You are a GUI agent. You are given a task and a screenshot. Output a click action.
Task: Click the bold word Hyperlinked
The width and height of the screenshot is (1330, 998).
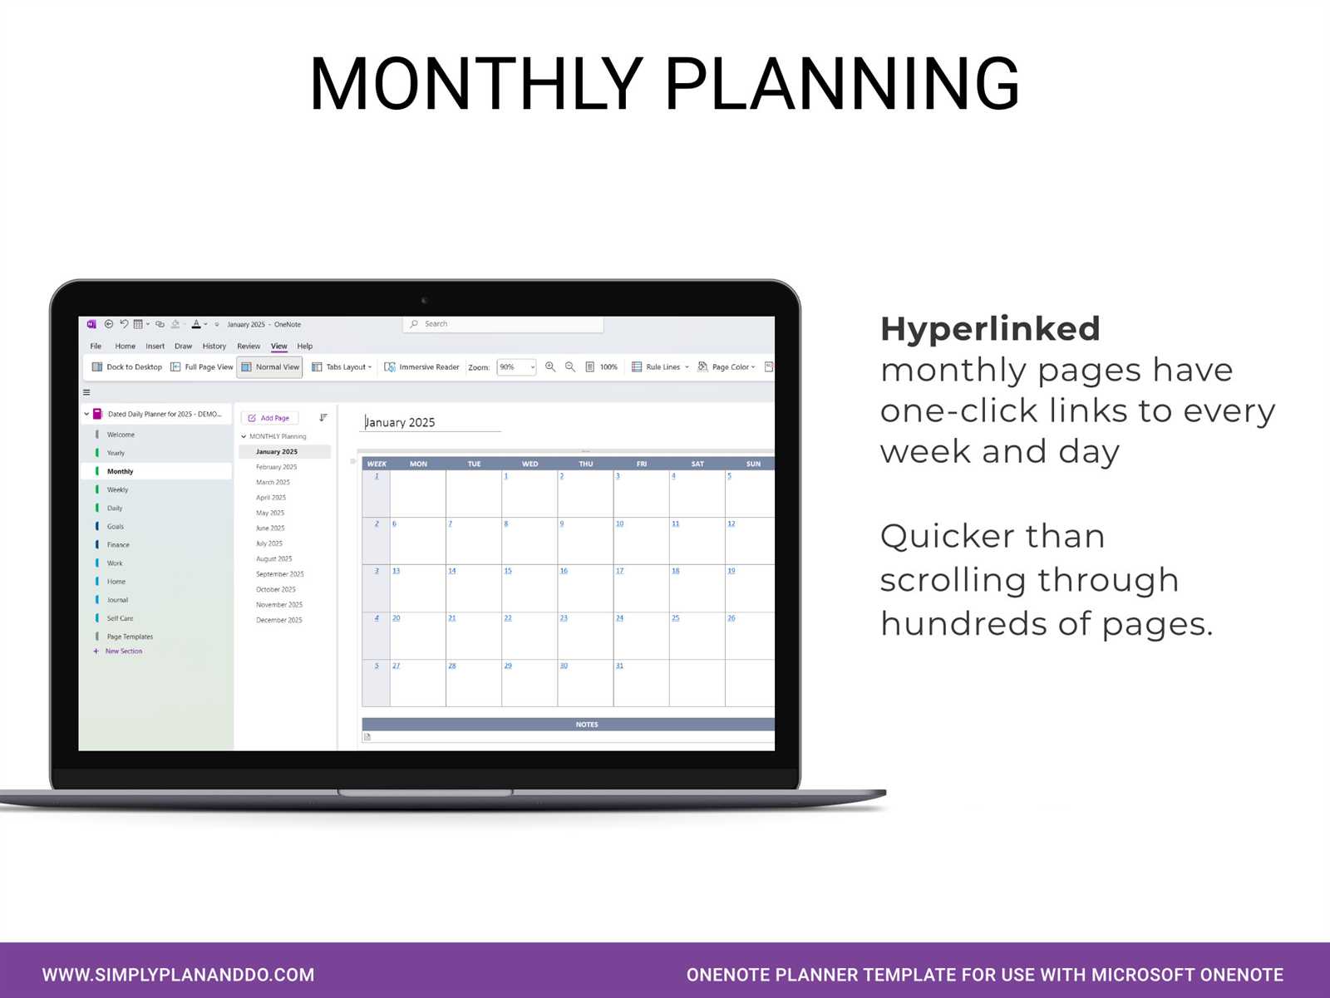coord(990,329)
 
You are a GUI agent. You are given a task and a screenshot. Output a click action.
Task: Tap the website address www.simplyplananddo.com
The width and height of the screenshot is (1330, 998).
coord(178,975)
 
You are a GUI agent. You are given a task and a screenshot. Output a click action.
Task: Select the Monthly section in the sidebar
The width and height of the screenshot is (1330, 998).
coord(120,471)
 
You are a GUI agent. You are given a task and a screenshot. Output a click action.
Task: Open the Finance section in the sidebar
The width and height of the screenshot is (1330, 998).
coord(118,545)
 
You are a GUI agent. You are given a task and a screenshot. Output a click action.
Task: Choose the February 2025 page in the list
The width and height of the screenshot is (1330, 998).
coord(276,467)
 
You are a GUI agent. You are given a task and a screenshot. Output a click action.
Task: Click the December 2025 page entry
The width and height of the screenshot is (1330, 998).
coord(278,620)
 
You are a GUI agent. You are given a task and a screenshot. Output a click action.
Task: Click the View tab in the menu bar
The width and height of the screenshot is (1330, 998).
coord(278,346)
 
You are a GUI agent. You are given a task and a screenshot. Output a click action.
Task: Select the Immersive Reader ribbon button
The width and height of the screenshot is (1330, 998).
coord(421,366)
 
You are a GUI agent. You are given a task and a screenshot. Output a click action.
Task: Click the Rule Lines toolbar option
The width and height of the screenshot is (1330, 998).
coord(661,366)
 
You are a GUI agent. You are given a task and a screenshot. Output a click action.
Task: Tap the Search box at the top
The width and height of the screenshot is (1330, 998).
coord(503,324)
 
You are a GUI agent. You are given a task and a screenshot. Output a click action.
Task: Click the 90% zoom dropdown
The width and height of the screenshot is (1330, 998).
coord(516,366)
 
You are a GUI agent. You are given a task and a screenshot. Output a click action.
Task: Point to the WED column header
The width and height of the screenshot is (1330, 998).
coord(530,464)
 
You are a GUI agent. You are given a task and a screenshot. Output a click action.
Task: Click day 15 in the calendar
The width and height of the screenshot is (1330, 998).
coord(508,571)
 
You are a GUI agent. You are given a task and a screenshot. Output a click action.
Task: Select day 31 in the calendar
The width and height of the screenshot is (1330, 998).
coord(619,666)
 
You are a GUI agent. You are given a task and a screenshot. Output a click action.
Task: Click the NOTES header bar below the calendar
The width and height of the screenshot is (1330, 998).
coord(586,725)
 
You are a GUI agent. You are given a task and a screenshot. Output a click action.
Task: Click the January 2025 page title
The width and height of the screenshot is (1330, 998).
coord(400,422)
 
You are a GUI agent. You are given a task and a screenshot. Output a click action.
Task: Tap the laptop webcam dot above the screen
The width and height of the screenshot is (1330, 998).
coord(424,300)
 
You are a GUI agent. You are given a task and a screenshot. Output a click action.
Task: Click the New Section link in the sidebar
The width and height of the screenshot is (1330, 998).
coord(123,651)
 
